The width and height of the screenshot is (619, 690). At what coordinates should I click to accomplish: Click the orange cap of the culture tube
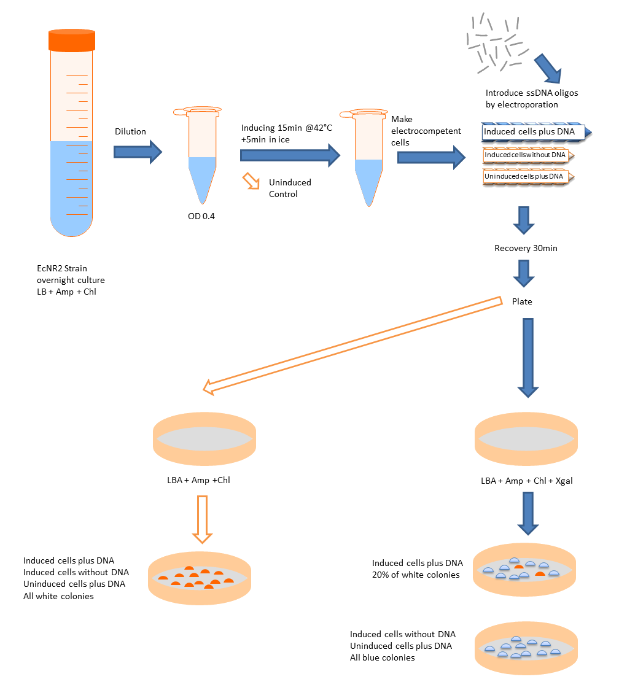(72, 40)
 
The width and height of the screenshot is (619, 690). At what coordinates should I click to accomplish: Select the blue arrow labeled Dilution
(138, 151)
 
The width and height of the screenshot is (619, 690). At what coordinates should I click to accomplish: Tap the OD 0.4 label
(202, 216)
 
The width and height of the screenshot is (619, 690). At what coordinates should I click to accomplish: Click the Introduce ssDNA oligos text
(532, 93)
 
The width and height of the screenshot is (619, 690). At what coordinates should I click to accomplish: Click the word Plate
(523, 301)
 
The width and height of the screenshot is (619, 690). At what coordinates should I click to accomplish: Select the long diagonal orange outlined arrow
(353, 344)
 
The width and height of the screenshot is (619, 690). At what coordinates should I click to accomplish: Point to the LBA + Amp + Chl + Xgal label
(527, 481)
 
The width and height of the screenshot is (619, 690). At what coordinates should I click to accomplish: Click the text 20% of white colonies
(416, 575)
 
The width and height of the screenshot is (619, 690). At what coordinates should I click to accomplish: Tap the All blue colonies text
(382, 657)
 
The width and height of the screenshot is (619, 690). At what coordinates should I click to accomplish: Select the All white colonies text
(58, 595)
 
